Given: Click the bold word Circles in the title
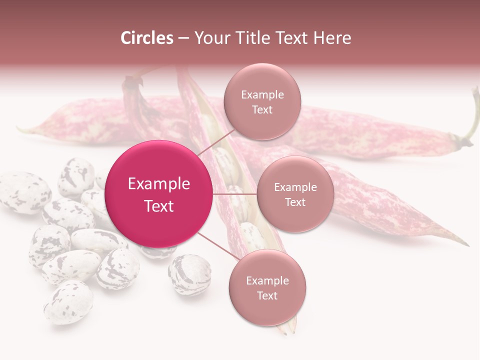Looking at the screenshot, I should [147, 38].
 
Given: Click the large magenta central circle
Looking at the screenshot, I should [159, 194].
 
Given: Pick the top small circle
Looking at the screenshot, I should [262, 102].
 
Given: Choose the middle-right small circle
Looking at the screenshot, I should [295, 194].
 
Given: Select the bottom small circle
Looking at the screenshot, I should [267, 288].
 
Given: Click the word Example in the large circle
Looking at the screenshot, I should [159, 184].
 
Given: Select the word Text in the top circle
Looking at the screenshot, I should [262, 109].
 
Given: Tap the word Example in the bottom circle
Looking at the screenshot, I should [267, 281].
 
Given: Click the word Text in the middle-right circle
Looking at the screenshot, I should [295, 202].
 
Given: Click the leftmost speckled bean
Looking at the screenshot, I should [22, 192].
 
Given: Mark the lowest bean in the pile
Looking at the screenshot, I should [68, 302].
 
